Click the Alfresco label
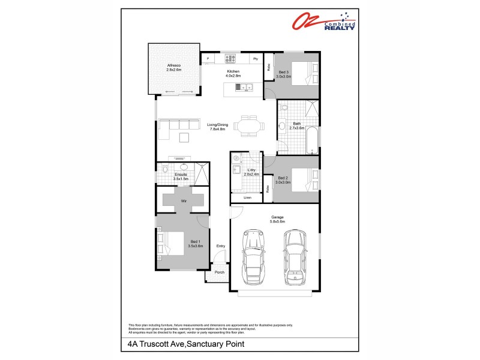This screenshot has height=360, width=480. click(173, 67)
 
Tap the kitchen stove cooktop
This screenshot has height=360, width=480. click(230, 59)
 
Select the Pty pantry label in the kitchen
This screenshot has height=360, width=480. click(255, 59)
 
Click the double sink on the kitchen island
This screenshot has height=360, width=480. click(246, 88)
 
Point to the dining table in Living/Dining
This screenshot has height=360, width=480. click(247, 126)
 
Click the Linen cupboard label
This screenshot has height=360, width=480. click(247, 197)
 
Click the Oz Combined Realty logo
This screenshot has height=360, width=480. click(325, 22)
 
